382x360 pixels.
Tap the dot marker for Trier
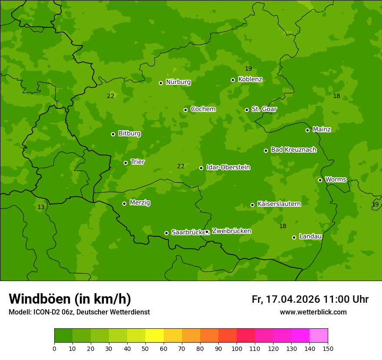pyautogui.click(x=126, y=163)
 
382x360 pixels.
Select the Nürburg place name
pyautogui.click(x=178, y=82)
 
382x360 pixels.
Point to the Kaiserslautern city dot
pyautogui.click(x=253, y=205)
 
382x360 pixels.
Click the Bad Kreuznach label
pyautogui.click(x=293, y=150)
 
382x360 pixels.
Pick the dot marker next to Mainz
pyautogui.click(x=307, y=130)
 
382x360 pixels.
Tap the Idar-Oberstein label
pyautogui.click(x=228, y=167)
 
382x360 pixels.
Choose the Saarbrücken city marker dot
pyautogui.click(x=166, y=233)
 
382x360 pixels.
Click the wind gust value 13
pyautogui.click(x=41, y=207)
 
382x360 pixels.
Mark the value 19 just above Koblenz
pyautogui.click(x=248, y=69)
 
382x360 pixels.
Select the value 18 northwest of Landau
pyautogui.click(x=283, y=226)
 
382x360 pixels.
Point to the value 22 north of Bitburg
pyautogui.click(x=111, y=96)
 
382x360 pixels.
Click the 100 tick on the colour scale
pyautogui.click(x=237, y=348)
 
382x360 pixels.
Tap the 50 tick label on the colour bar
pyautogui.click(x=145, y=348)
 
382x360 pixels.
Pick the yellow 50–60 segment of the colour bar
pyautogui.click(x=155, y=336)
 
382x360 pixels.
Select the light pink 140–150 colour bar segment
pyautogui.click(x=319, y=336)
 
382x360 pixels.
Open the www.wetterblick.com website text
pyautogui.click(x=313, y=312)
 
